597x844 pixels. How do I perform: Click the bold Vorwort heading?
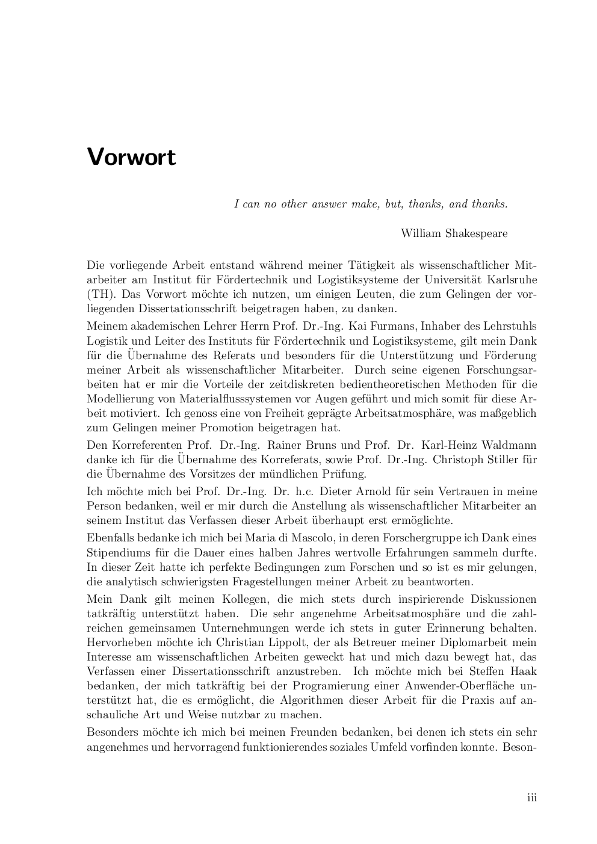131,157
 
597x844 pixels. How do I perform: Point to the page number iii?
532,798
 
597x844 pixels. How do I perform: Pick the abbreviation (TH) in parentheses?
99,295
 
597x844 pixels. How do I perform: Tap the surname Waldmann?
510,445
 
